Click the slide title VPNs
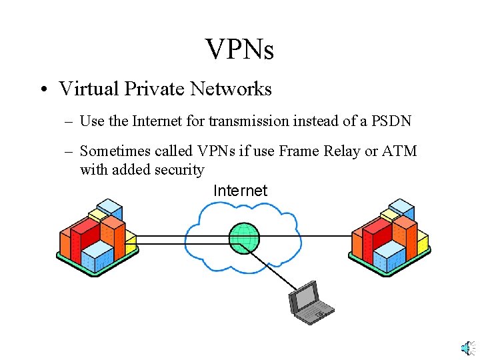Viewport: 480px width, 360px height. point(240,49)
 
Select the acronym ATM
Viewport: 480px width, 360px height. point(399,151)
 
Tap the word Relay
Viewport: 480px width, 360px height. point(343,151)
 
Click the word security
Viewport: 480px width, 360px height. point(179,170)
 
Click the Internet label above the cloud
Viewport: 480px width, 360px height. point(240,191)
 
